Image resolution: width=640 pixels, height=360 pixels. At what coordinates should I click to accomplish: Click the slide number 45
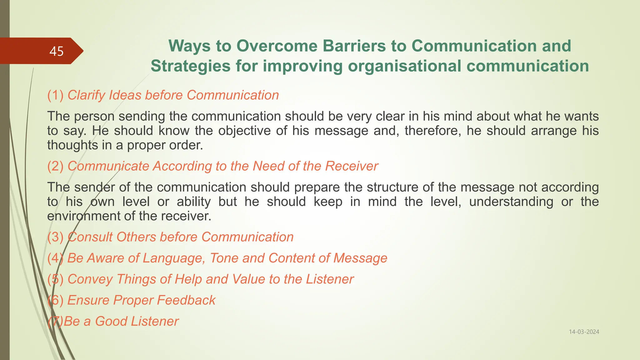coord(57,51)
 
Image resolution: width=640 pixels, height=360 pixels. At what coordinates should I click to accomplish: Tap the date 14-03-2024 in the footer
coord(584,332)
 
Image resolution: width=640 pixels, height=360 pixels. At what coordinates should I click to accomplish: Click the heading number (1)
coord(55,95)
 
